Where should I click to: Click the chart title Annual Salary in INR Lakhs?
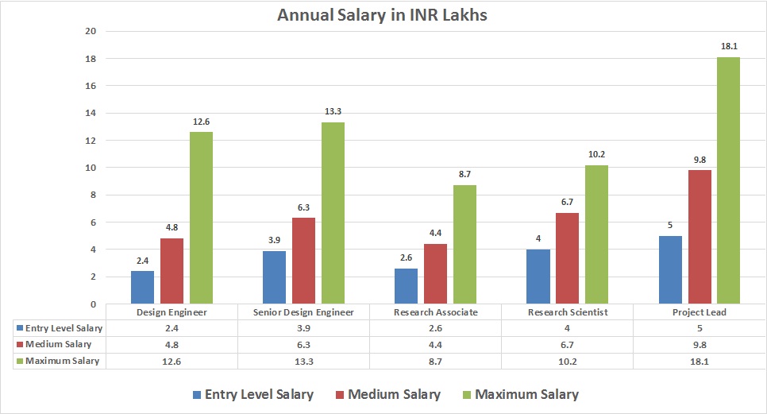point(383,15)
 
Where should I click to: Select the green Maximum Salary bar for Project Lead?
point(728,180)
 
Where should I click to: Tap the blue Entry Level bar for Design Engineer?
point(143,288)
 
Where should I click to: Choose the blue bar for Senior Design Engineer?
point(275,277)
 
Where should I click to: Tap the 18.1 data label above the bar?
point(728,48)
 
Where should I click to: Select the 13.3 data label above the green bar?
point(333,112)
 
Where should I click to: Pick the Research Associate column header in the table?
point(436,312)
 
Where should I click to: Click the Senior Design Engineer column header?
point(304,312)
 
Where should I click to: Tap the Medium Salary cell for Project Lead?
point(700,344)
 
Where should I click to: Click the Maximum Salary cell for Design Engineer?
point(172,361)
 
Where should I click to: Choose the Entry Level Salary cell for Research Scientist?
point(567,328)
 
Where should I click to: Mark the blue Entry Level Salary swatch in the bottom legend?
point(196,394)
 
